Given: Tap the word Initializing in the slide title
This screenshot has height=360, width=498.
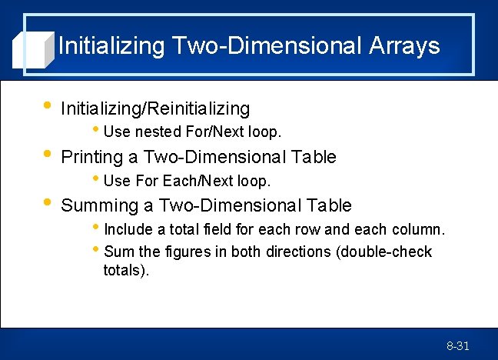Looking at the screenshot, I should coord(111,45).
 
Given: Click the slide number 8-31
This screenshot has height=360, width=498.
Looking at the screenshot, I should coord(458,346).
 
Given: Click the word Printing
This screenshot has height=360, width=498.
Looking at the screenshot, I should coord(91,157).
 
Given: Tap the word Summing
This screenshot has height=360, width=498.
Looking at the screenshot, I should coord(95,205).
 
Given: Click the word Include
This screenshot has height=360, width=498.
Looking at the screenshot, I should coord(127,229).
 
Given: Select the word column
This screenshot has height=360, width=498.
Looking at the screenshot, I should coord(420,229).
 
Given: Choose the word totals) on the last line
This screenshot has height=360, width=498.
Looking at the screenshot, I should coord(126,270).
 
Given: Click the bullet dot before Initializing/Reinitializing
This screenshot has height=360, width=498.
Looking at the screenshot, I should coord(48,105).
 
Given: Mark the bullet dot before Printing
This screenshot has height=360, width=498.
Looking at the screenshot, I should coord(48,153).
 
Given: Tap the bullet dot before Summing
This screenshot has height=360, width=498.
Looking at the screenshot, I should coord(48,202).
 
